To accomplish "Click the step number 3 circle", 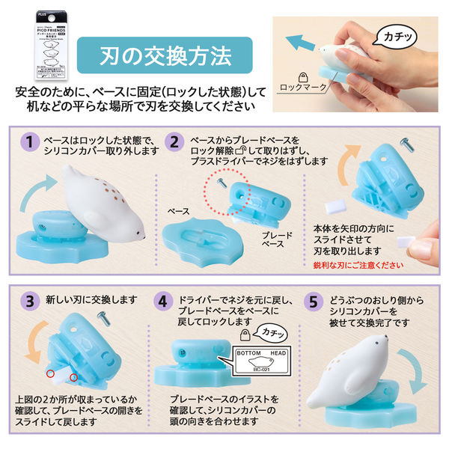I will [31, 301].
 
